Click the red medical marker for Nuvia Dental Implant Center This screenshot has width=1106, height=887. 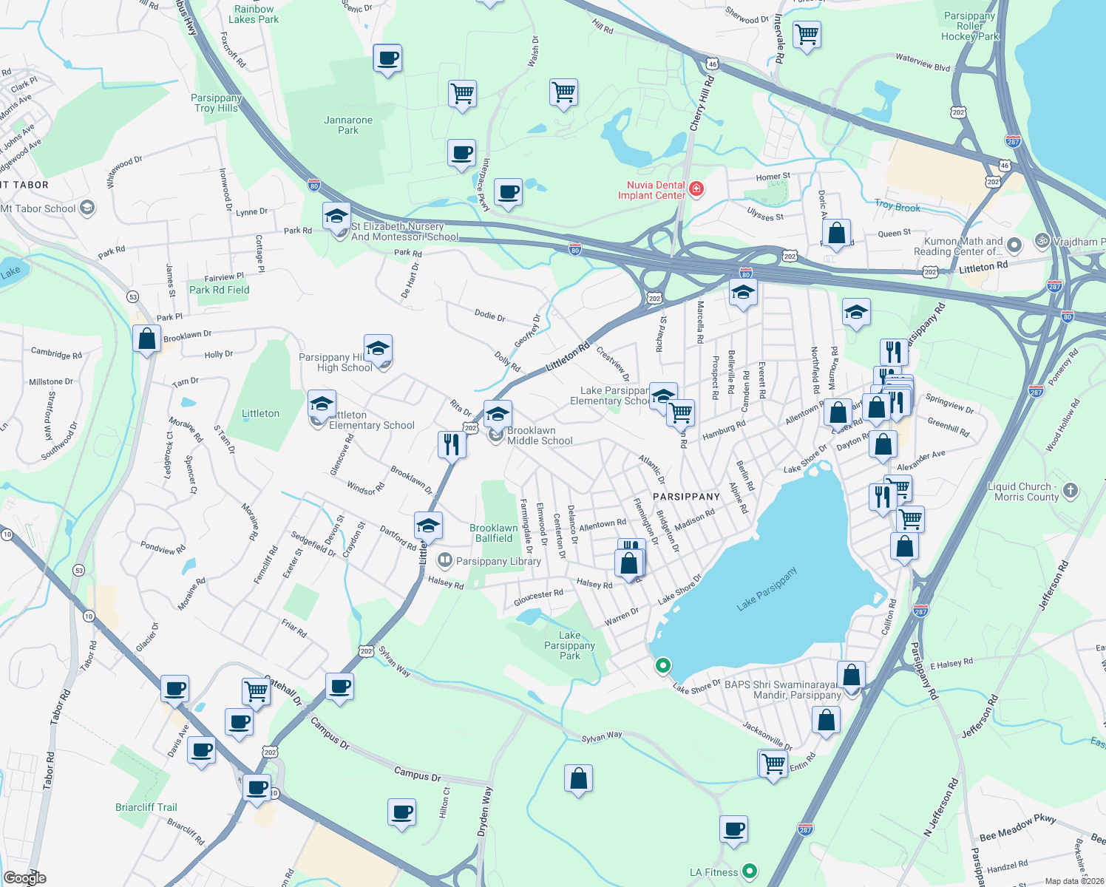tap(696, 189)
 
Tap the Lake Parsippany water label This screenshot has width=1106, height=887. tap(767, 589)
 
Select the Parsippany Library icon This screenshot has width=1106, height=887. tap(444, 560)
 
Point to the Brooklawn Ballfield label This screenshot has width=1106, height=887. tap(494, 533)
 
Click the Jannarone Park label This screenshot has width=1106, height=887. tap(348, 125)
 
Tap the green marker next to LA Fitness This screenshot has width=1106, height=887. tap(749, 871)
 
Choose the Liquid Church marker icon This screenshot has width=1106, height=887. tap(1070, 491)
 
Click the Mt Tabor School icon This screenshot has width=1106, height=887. tap(87, 208)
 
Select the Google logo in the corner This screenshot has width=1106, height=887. tap(24, 877)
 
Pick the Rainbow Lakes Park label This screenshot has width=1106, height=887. tap(254, 14)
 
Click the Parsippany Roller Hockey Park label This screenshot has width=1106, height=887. tap(970, 26)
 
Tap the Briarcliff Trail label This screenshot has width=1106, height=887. tap(146, 807)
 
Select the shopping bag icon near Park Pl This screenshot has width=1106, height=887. tap(147, 339)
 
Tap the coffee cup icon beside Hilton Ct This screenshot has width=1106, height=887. tap(402, 812)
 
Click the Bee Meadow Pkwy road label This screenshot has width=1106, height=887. tap(1017, 827)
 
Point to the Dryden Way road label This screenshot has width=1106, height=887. tap(484, 811)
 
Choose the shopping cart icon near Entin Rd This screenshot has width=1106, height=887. tap(773, 763)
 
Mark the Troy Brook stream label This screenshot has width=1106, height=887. tap(898, 206)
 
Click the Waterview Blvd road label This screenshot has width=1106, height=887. tap(922, 62)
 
